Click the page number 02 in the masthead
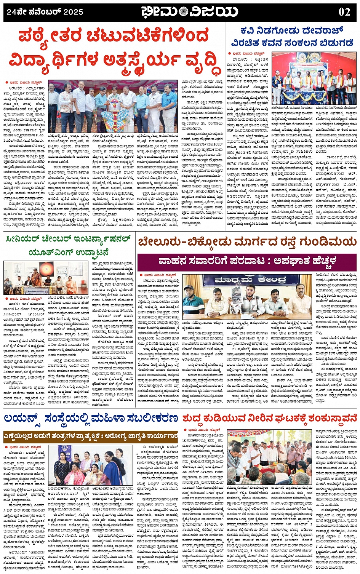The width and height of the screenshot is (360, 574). click(344, 12)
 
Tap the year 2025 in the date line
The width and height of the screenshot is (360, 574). click(73, 12)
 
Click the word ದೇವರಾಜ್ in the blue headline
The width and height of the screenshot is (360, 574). click(323, 30)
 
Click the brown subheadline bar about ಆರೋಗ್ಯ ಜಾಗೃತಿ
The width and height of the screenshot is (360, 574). click(91, 436)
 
